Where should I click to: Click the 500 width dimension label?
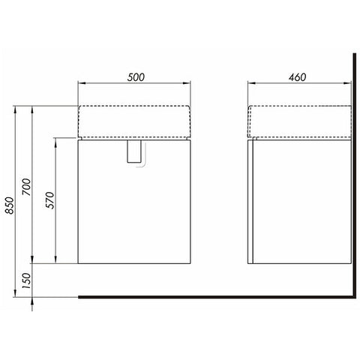(136, 77)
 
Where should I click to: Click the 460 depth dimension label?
(297, 77)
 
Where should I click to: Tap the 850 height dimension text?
(10, 205)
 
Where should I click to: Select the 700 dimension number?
(26, 187)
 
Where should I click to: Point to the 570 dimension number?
(50, 200)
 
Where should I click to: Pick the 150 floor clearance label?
(26, 280)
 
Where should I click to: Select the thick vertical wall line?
(354, 175)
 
